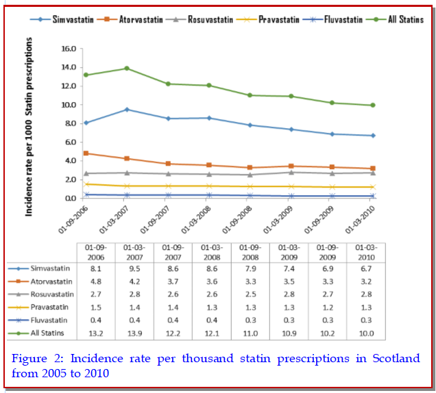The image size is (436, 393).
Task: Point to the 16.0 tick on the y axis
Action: [68, 49]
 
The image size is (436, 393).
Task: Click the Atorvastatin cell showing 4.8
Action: [96, 281]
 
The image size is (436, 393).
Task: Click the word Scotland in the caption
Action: [393, 358]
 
